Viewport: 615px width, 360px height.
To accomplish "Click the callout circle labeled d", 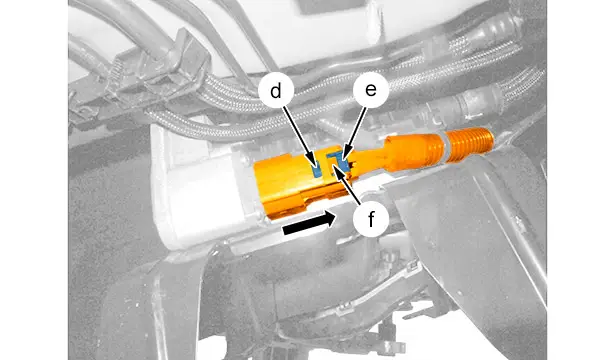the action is click(276, 91).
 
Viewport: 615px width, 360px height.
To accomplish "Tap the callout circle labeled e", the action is click(371, 90).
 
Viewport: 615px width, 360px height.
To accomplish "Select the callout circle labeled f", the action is click(371, 220).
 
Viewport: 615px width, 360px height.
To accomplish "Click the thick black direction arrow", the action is click(309, 224).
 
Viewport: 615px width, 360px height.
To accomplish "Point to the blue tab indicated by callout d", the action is click(316, 171).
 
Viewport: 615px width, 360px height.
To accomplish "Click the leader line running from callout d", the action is click(300, 135).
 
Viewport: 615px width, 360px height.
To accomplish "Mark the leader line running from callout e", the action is click(355, 133).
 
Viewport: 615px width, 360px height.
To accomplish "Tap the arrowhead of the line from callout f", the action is click(337, 170).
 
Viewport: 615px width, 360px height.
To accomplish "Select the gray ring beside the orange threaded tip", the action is click(442, 147).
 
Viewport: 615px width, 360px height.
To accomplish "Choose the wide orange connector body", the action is click(298, 183).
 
